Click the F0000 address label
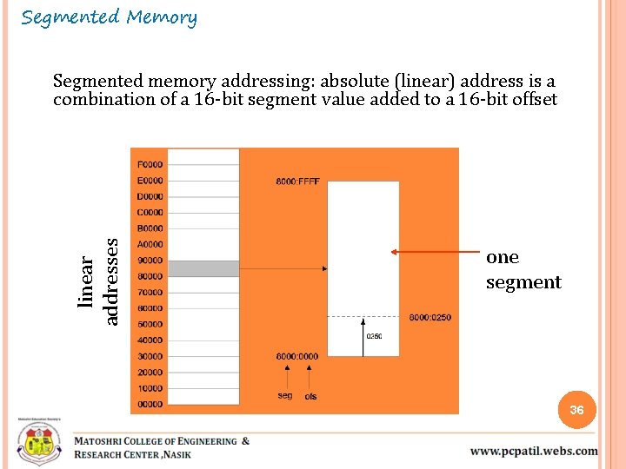[150, 164]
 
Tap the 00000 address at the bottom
[150, 404]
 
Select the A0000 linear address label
[150, 244]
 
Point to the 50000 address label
[150, 324]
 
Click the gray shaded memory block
[203, 268]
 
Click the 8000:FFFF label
[298, 182]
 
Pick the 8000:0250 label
[430, 317]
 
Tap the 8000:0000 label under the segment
[297, 356]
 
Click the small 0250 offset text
[374, 337]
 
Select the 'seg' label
[285, 395]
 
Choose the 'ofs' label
[310, 396]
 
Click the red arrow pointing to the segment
[435, 252]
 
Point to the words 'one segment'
[523, 269]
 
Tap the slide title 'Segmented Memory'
[110, 17]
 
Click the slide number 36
[576, 410]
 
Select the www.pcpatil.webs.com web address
[534, 451]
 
